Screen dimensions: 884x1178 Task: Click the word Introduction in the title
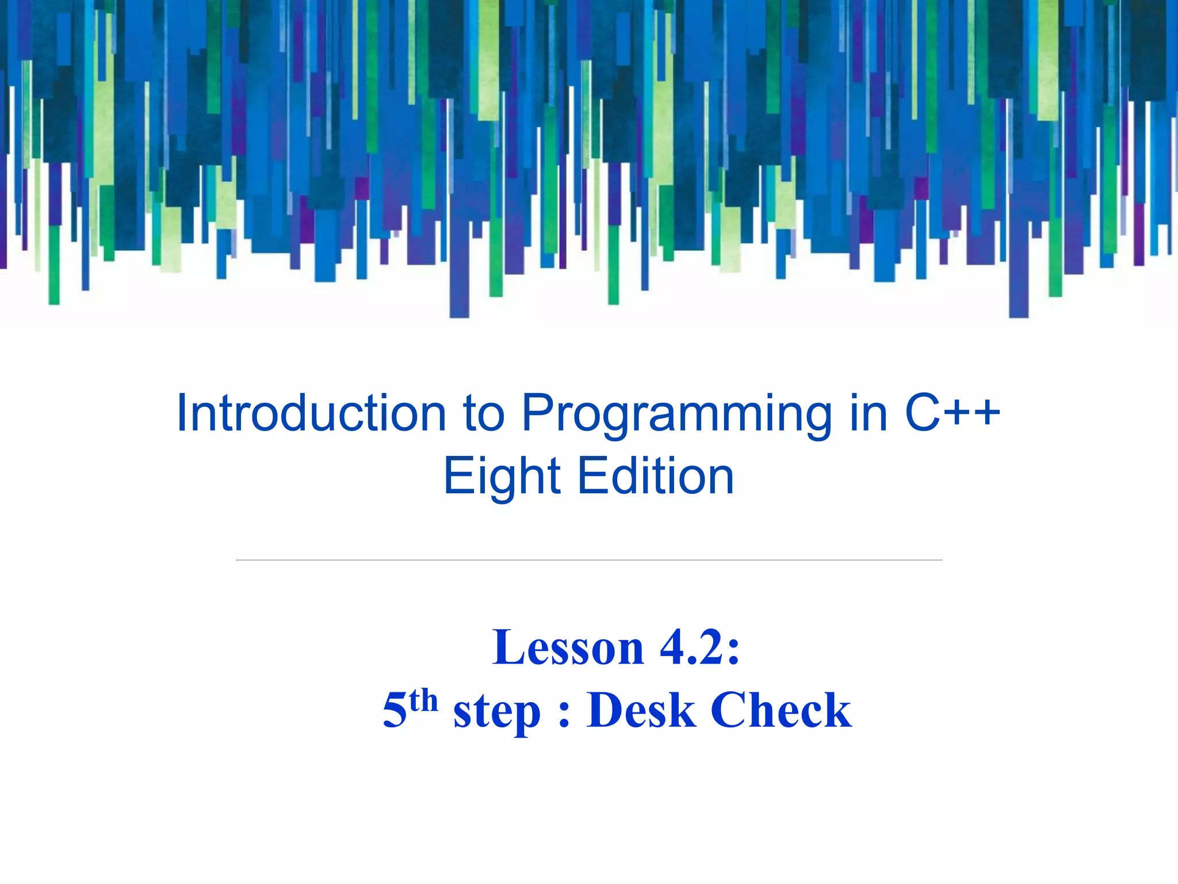click(311, 413)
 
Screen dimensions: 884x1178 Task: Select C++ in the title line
click(953, 413)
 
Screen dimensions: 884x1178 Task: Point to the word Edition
click(656, 476)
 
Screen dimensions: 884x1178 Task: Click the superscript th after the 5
click(423, 700)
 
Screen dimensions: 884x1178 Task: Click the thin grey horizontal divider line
click(588, 559)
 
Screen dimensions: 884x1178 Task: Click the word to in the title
click(484, 414)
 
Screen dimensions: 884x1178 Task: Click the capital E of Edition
click(590, 476)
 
